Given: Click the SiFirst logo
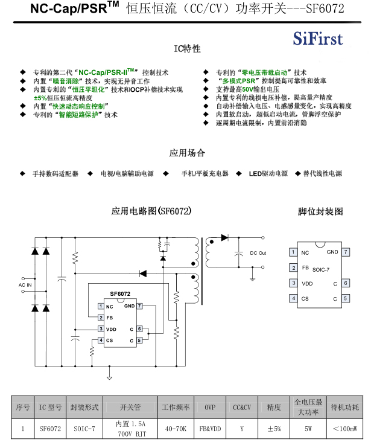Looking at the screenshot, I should pos(318,39).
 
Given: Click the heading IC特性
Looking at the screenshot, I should pos(188,48).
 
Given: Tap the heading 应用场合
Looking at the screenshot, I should pos(187,153).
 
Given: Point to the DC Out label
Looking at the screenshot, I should pos(258,253).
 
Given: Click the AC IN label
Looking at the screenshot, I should pos(25,284).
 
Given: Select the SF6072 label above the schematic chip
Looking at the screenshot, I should pos(120,294).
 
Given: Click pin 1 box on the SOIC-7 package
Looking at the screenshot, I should pos(293,252).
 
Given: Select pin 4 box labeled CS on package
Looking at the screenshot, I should pos(293,298).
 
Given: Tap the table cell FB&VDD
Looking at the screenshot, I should pos(209,429).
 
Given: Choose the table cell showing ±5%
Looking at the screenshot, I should pos(274,429).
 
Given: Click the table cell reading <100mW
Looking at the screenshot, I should pos(344,429).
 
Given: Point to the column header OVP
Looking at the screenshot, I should pos(209,407).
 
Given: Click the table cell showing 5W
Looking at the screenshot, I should pos(308,429).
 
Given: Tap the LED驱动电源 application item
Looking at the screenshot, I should pos(268,173).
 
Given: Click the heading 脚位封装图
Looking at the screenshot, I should pos(320,211).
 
